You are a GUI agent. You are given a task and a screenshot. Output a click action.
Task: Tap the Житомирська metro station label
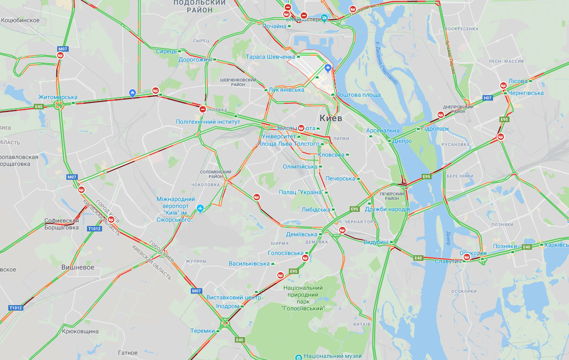58,97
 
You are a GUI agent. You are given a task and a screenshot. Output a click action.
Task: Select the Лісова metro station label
518,81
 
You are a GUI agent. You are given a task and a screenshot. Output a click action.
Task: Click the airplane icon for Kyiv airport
200,209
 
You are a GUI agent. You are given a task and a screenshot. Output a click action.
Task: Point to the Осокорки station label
473,253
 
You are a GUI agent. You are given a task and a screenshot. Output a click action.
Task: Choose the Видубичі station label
376,242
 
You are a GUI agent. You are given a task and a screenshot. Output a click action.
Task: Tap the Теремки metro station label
202,331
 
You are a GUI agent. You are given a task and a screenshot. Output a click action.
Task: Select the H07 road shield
488,98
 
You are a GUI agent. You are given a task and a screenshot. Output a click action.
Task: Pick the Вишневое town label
78,267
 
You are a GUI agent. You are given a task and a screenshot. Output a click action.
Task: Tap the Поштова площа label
358,95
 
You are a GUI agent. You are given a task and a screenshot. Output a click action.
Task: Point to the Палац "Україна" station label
301,192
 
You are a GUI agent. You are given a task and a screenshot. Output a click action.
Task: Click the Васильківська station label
249,264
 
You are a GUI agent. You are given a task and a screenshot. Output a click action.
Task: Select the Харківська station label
556,245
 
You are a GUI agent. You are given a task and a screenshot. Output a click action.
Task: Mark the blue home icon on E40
132,93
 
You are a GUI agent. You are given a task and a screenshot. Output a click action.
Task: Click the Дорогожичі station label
195,59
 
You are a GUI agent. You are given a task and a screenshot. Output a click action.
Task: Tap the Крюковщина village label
80,331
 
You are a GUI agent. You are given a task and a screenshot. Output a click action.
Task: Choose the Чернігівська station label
526,93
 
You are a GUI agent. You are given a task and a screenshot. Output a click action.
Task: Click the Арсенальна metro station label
383,130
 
